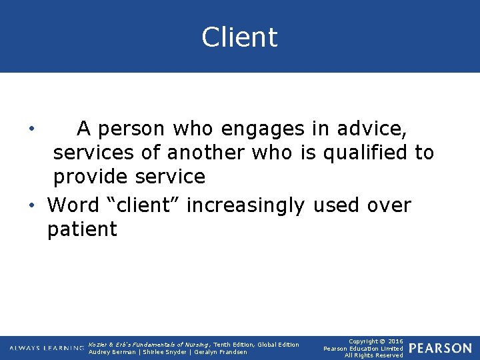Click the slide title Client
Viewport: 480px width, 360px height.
[239, 37]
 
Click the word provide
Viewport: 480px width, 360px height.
[91, 177]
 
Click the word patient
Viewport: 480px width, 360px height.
[82, 230]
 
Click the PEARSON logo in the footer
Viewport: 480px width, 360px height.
[440, 348]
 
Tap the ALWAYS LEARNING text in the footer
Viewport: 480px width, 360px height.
[47, 348]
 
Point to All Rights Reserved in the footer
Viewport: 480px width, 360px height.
[373, 355]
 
